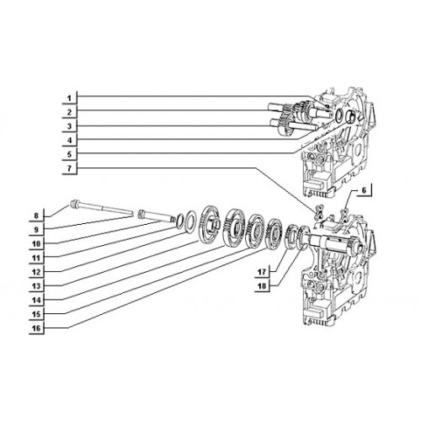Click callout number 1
click(x=69, y=99)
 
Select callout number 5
click(x=69, y=154)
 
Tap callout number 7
click(x=69, y=168)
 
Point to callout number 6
click(x=364, y=190)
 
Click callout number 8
click(x=36, y=216)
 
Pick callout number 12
click(x=36, y=272)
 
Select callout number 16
click(x=36, y=328)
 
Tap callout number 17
click(x=262, y=272)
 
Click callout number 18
click(x=262, y=286)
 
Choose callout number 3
click(x=69, y=126)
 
